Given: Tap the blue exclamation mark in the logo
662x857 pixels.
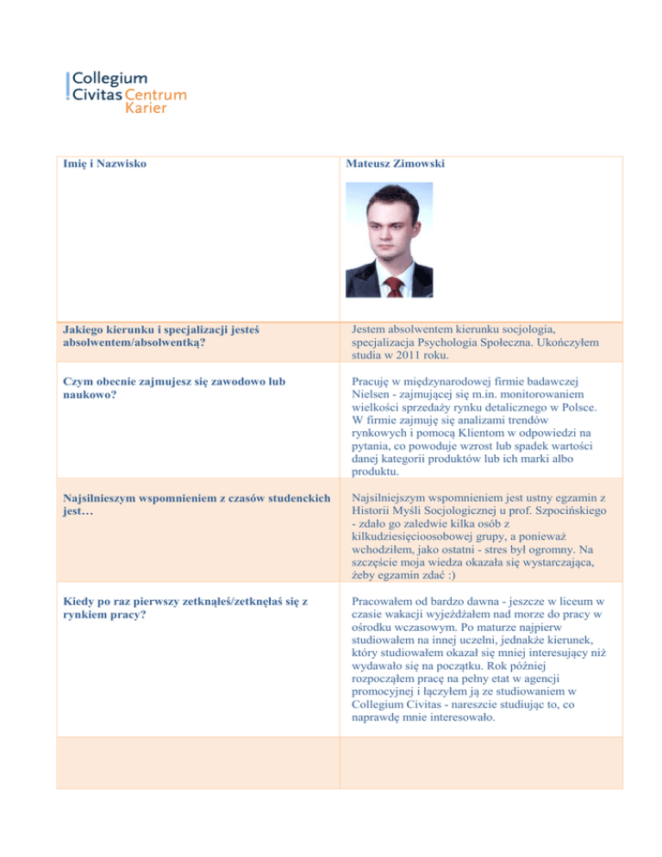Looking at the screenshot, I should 69,86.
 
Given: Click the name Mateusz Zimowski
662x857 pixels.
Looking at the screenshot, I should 396,164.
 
